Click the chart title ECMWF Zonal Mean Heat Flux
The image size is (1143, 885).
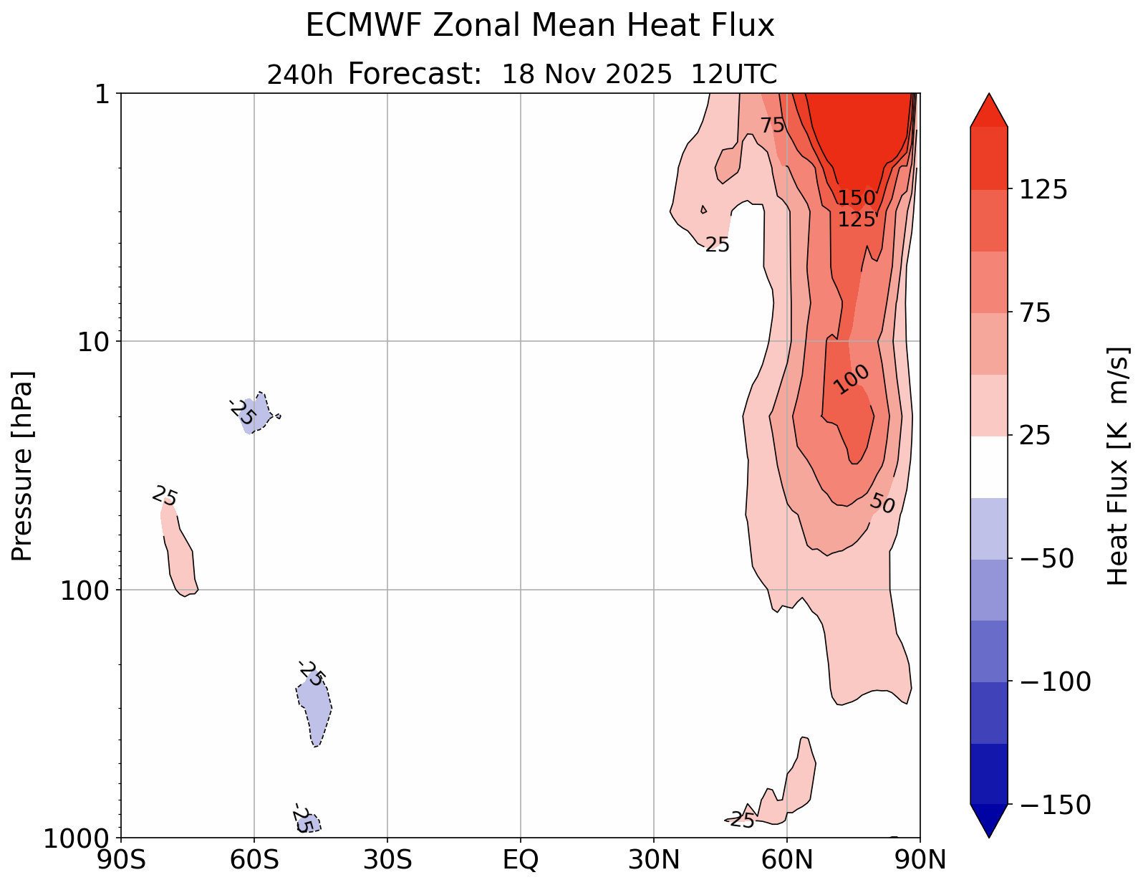[x=540, y=27]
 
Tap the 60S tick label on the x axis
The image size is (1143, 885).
[x=254, y=859]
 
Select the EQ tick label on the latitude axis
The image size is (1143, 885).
[x=521, y=859]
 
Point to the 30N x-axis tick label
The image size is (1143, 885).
[x=654, y=859]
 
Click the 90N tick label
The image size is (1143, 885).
[x=920, y=859]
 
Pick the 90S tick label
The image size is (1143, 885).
[x=121, y=859]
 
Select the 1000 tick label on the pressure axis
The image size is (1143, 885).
[x=77, y=838]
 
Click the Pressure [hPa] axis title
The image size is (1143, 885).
[x=23, y=466]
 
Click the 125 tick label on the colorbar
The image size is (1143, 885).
[x=1042, y=190]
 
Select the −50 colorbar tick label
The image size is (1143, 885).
[x=1042, y=559]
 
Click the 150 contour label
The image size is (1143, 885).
[x=857, y=198]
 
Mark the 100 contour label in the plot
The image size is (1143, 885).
[x=852, y=378]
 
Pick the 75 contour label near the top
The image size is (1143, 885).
[x=773, y=125]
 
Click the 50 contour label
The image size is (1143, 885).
[x=882, y=504]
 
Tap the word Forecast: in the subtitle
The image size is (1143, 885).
[x=415, y=74]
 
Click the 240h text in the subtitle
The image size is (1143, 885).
[x=300, y=75]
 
